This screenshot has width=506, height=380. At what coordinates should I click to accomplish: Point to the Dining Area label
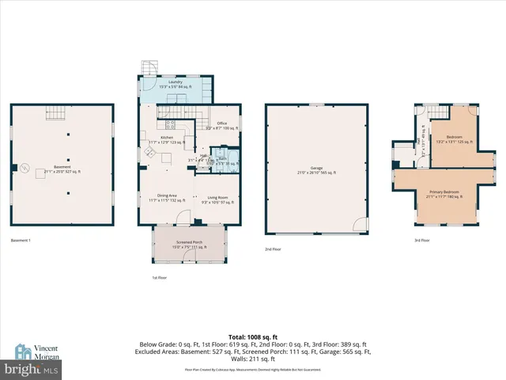click(165, 198)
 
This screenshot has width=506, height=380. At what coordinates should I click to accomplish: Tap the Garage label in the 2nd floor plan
click(316, 169)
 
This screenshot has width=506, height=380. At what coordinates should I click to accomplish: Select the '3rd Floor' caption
click(421, 240)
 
